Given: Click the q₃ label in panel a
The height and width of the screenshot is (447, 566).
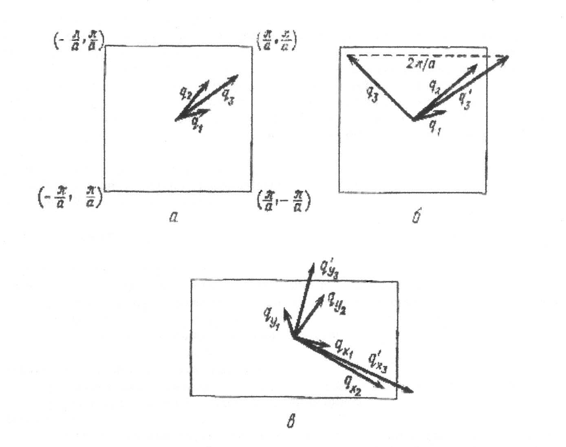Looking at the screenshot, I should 228,97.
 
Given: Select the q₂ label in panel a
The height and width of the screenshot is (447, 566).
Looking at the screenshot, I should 185,94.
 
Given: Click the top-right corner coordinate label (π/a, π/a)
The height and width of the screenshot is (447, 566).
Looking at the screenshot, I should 276,41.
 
